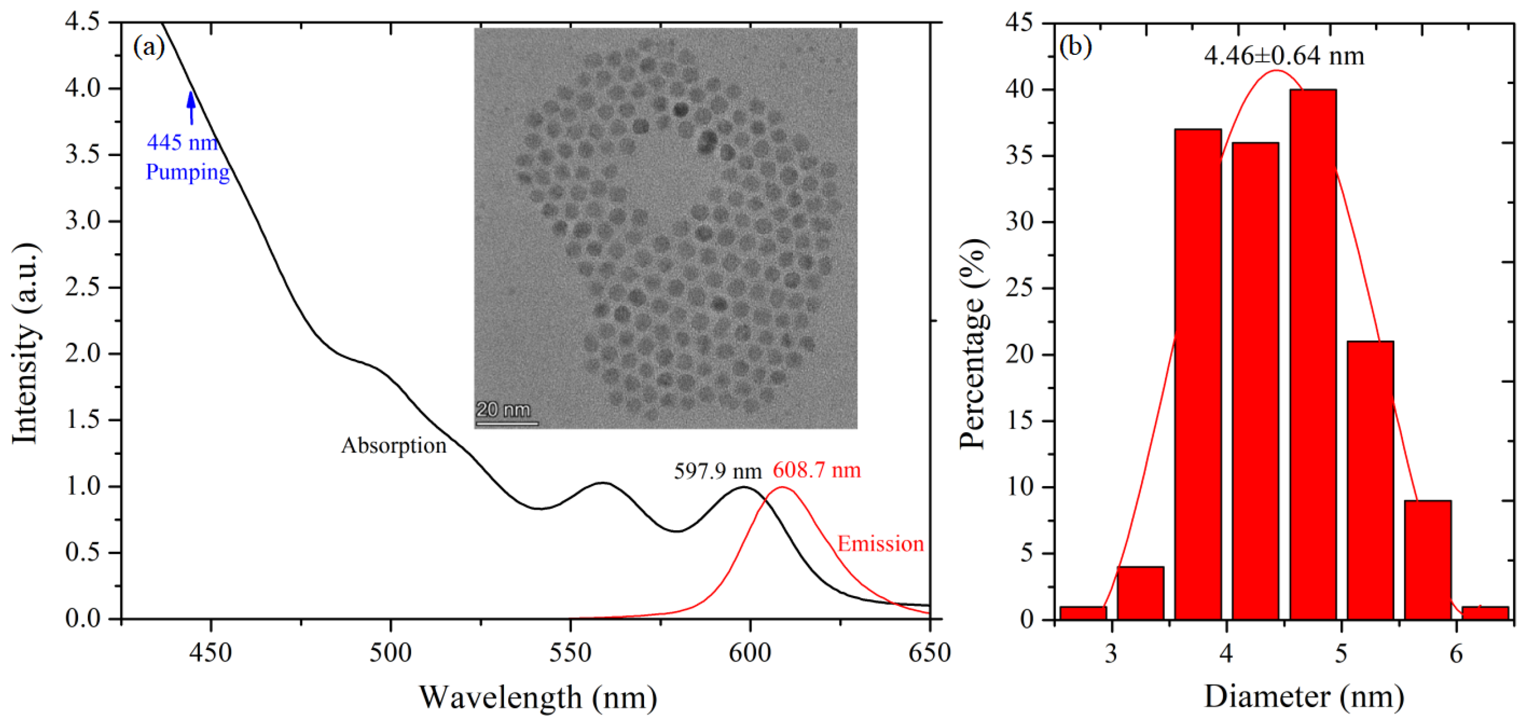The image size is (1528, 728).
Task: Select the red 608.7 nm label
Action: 817,470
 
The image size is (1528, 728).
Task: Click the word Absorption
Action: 393,446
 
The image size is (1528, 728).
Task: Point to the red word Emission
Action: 880,544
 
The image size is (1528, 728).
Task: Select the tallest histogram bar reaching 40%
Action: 1313,354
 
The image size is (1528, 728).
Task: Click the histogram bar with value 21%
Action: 1370,480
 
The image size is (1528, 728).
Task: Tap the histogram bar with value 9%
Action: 1428,560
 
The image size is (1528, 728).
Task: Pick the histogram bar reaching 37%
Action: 1198,374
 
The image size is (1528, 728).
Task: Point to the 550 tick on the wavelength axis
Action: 570,653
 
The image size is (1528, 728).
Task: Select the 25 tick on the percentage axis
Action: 1019,289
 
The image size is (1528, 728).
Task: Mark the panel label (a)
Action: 149,46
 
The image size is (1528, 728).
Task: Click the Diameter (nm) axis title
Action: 1304,696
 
